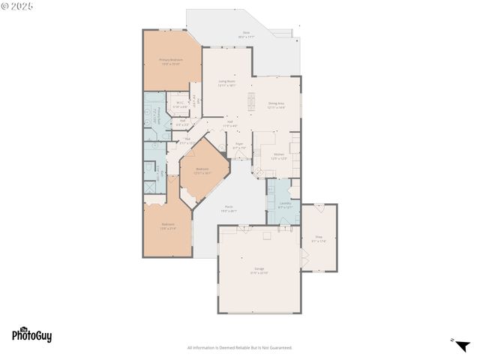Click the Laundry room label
(x=285, y=204)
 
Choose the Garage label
(x=259, y=270)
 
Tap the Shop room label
(x=318, y=239)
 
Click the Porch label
(x=228, y=209)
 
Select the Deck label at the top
(x=246, y=34)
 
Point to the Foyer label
(x=239, y=145)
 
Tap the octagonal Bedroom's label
(x=202, y=171)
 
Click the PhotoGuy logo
(x=32, y=335)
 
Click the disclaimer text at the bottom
(x=240, y=347)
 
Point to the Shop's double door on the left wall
(x=303, y=257)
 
